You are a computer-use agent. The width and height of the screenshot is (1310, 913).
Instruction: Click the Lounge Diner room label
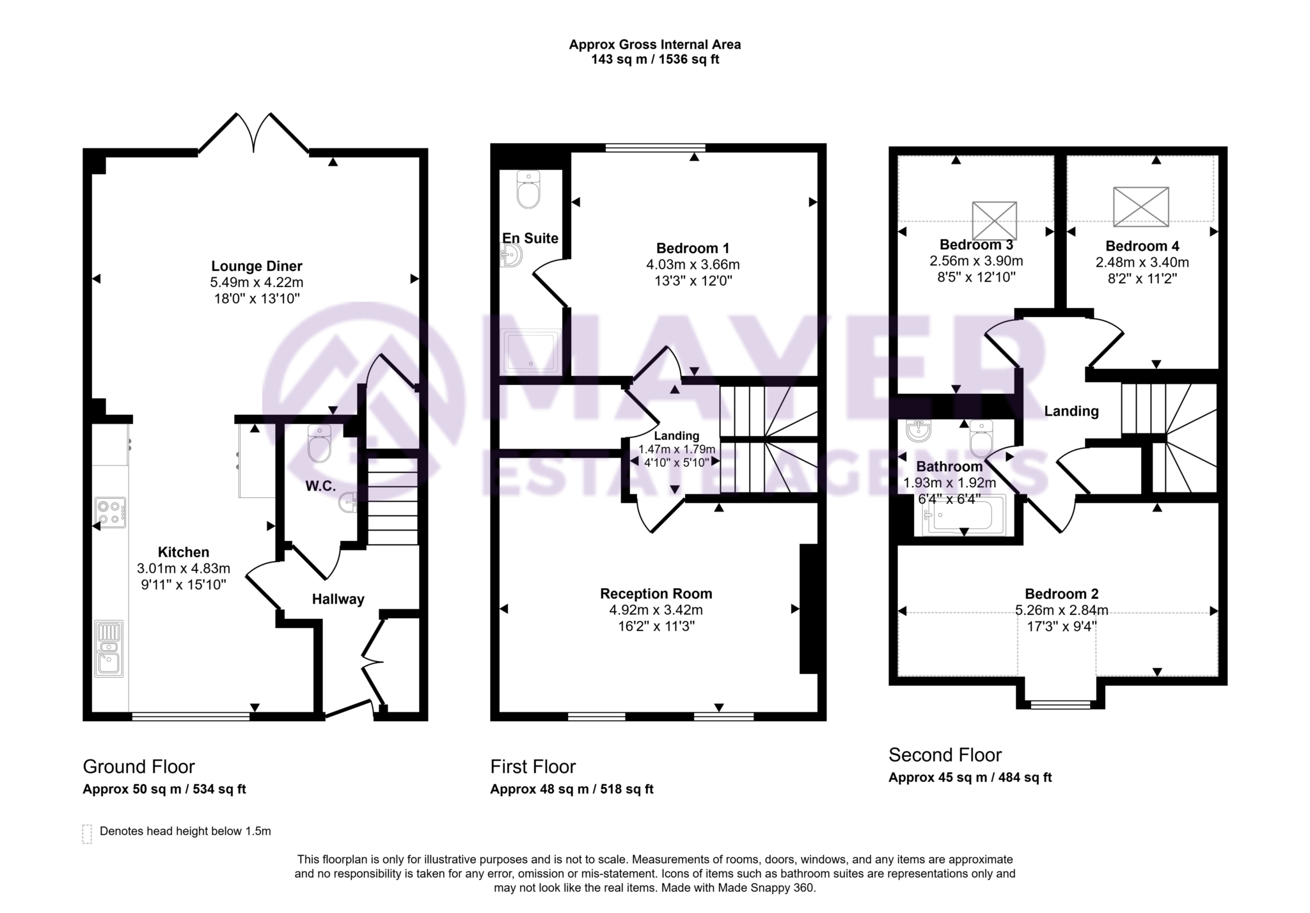tap(256, 266)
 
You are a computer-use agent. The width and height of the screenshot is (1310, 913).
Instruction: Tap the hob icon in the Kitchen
tap(111, 513)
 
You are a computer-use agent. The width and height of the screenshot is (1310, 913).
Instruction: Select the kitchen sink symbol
tap(109, 648)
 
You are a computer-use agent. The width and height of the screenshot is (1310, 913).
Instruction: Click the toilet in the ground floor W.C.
tap(319, 444)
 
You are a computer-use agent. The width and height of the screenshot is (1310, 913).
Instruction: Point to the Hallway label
tap(338, 599)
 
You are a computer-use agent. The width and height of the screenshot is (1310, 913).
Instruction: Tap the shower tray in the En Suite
tap(530, 351)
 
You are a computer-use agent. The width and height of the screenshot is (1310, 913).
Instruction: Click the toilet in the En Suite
tap(528, 189)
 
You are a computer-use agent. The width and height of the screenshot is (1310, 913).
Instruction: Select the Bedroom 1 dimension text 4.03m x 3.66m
tap(693, 264)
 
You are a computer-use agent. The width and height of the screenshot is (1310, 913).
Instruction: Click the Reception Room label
tap(656, 593)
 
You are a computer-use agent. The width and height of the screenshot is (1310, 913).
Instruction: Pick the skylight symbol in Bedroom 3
tap(994, 221)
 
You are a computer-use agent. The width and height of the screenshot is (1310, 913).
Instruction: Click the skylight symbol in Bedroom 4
tap(1140, 207)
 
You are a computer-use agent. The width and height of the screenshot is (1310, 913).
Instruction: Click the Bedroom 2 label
tap(1061, 593)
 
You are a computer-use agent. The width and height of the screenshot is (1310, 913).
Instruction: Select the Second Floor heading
tap(945, 755)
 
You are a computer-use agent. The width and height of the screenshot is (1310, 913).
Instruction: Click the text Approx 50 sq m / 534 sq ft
tap(164, 789)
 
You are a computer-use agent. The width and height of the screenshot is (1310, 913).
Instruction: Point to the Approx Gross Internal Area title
tap(654, 45)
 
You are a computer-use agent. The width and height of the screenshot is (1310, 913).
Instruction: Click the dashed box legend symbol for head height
tap(87, 834)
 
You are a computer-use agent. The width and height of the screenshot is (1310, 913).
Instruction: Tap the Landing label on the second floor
tap(1071, 411)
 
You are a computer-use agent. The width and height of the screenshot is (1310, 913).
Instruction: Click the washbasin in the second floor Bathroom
tap(919, 432)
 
